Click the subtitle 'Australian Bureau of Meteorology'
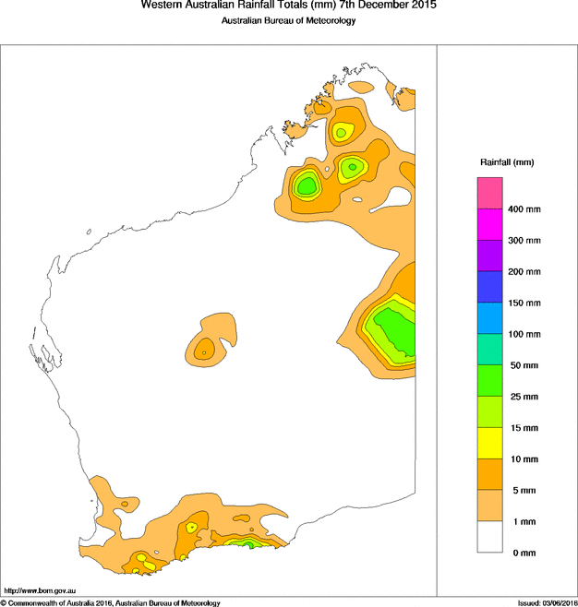point(288,21)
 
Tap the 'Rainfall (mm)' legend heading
point(506,162)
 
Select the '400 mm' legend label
point(524,209)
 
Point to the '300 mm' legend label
point(524,241)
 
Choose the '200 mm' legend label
point(524,272)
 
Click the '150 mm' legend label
point(524,303)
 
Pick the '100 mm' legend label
point(524,334)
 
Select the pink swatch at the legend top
point(489,194)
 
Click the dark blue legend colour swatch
point(489,287)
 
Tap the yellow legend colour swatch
point(489,443)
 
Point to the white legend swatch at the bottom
point(489,537)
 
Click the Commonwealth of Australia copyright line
point(111,602)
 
